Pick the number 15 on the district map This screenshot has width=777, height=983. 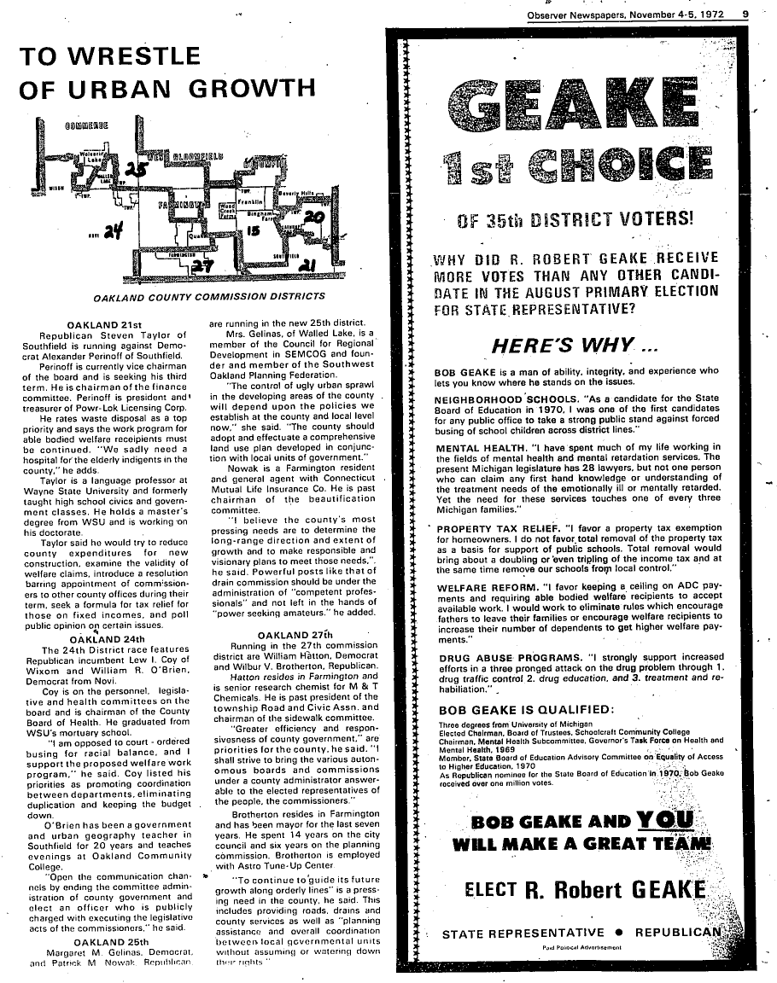pyautogui.click(x=253, y=230)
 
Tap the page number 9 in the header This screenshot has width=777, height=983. pyautogui.click(x=745, y=13)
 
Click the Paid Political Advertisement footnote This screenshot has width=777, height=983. pyautogui.click(x=581, y=945)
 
